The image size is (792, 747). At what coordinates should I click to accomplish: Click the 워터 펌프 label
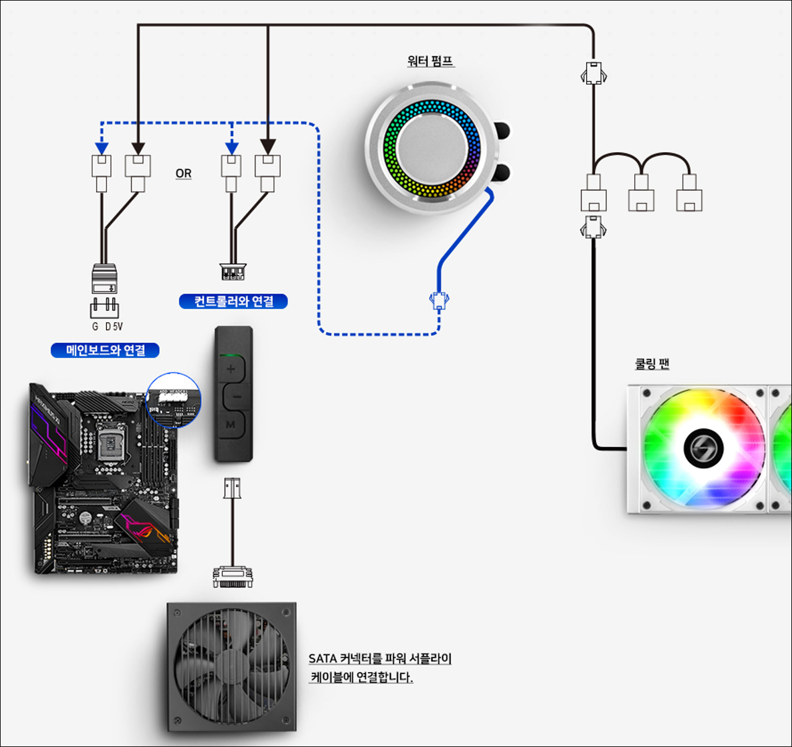431,61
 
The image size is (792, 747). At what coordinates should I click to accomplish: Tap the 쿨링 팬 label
652,364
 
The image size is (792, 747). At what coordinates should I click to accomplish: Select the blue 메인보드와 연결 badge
105,351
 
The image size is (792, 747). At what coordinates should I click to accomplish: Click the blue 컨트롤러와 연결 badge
233,301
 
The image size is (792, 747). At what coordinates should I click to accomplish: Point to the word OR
183,173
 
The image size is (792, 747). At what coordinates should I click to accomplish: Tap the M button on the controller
231,425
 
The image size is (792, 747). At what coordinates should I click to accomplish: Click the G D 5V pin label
107,327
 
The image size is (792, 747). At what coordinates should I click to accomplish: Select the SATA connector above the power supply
233,576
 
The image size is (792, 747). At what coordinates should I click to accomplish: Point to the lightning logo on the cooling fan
704,448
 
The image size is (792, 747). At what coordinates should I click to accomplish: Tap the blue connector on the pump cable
439,301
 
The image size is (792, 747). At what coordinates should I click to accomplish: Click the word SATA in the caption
322,659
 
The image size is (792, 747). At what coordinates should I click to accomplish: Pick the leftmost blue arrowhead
101,149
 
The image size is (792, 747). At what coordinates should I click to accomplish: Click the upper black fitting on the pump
503,130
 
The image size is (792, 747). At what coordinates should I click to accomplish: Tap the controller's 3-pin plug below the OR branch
233,271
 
